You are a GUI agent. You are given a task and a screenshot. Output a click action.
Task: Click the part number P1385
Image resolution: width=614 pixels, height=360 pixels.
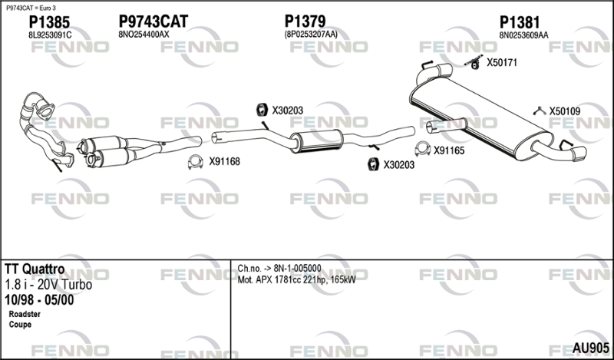click(x=49, y=22)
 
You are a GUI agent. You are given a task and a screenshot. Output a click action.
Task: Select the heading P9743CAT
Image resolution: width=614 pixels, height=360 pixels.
click(x=153, y=21)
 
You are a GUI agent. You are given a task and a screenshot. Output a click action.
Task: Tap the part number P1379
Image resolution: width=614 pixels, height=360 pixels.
click(x=305, y=21)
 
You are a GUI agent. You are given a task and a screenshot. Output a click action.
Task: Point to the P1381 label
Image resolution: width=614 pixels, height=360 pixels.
click(x=520, y=22)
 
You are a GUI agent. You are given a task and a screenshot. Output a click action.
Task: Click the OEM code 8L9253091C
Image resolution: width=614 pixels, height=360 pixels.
click(x=50, y=35)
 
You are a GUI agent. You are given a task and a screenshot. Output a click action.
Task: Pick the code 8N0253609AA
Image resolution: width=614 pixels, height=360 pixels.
click(x=523, y=35)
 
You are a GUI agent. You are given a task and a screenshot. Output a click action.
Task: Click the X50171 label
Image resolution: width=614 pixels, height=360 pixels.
click(x=502, y=62)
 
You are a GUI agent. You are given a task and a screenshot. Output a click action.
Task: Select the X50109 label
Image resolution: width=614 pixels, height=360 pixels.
click(x=565, y=111)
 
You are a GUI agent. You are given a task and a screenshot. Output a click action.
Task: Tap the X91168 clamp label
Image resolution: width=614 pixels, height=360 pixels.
click(x=224, y=161)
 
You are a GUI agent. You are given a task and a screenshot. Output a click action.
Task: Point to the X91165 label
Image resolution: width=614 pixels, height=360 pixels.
click(x=449, y=150)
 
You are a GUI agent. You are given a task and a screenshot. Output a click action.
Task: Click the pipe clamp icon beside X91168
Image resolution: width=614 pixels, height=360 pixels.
click(x=196, y=162)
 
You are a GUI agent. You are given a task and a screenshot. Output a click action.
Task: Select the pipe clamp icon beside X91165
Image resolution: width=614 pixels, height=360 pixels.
click(x=423, y=149)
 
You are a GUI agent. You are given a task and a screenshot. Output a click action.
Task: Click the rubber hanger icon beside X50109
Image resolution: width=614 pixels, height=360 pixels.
click(x=540, y=111)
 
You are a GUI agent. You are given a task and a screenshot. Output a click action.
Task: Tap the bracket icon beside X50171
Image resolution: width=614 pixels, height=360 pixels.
click(x=474, y=63)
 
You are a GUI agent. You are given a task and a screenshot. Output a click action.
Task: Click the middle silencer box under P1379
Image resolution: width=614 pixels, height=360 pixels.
click(x=317, y=140)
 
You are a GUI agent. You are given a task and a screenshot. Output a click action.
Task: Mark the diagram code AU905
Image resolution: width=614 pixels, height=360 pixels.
click(x=590, y=348)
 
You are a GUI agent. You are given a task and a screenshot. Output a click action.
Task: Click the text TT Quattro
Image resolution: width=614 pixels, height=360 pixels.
click(x=35, y=269)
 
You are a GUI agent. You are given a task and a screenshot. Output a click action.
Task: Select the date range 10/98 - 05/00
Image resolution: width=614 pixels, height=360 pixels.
click(x=39, y=300)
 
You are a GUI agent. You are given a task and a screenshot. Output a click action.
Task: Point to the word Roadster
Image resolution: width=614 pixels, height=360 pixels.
click(x=25, y=314)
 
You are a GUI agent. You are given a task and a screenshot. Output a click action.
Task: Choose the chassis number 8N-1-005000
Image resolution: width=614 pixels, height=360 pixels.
click(x=297, y=269)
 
